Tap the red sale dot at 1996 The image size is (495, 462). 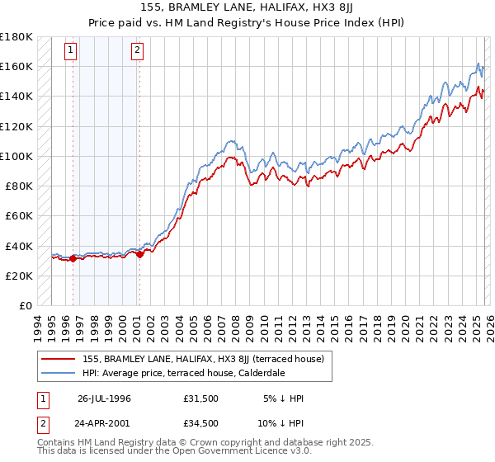(x=73, y=258)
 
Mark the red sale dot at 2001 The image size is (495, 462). (x=139, y=254)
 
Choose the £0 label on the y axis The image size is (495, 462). (x=25, y=305)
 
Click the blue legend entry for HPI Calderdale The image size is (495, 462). (x=182, y=373)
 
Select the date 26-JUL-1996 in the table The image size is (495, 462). (x=104, y=398)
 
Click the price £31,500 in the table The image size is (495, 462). (x=203, y=398)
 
